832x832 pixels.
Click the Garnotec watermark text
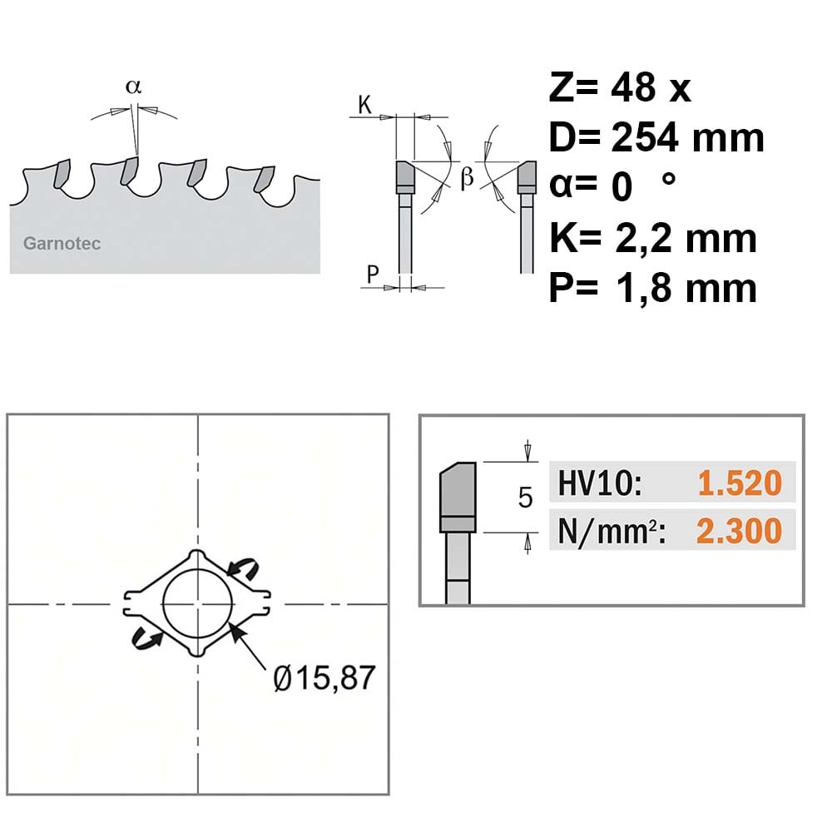pyautogui.click(x=62, y=244)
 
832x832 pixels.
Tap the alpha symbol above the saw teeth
pyautogui.click(x=134, y=87)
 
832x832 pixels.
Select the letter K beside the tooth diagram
pyautogui.click(x=364, y=105)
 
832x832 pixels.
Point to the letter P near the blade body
pyautogui.click(x=373, y=275)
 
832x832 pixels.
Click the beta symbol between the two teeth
pyautogui.click(x=467, y=176)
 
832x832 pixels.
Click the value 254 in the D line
pyautogui.click(x=646, y=137)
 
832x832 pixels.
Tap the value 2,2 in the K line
pyautogui.click(x=644, y=240)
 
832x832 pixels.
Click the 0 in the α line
pyautogui.click(x=622, y=187)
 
